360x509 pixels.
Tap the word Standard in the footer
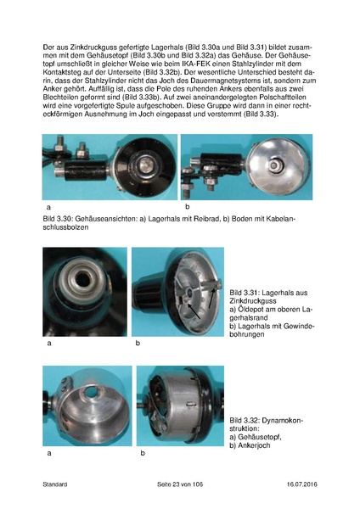(55, 484)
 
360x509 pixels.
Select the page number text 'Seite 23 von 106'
(180, 484)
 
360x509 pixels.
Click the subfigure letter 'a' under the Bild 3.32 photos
(48, 453)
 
